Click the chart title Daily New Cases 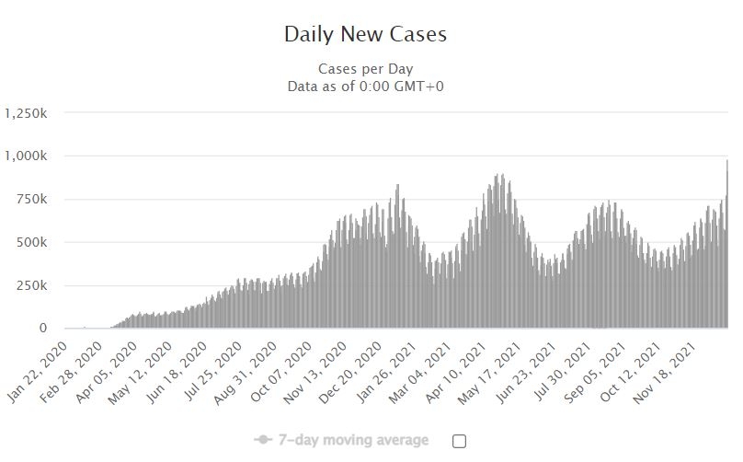pos(365,35)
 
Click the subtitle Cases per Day pos(365,69)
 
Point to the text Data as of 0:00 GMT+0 pos(366,87)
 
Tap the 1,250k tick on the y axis pos(27,113)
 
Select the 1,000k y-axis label pos(27,156)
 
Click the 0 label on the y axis pos(43,329)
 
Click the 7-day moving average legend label pos(353,441)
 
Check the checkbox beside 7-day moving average pos(459,441)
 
